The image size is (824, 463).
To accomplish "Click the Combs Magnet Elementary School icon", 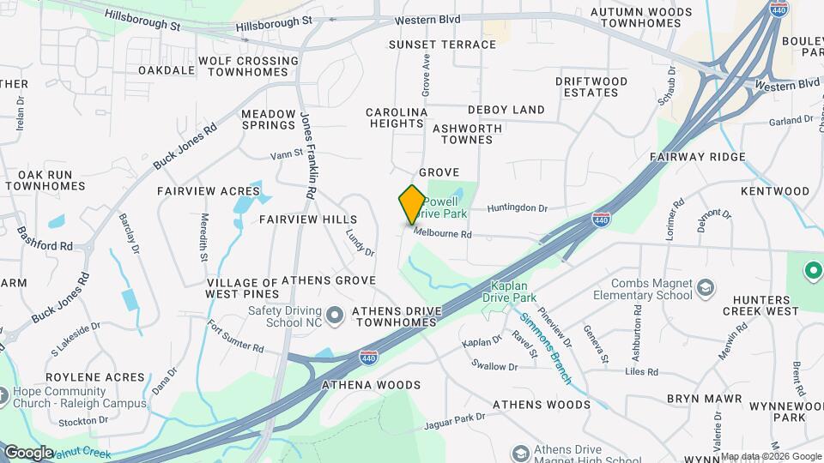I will pos(705,286).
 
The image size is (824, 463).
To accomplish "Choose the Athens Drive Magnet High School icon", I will pos(520,452).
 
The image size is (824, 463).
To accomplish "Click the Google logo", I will pos(28,452).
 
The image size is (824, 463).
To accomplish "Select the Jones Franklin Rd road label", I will pos(306,153).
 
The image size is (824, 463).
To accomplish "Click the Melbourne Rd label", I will pos(443,233).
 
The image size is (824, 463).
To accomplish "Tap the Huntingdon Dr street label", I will pos(517,208).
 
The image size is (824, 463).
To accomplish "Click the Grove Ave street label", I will pos(425,75).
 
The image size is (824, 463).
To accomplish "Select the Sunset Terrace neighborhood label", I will pos(442,45).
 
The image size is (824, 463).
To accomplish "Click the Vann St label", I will pos(287,155).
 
